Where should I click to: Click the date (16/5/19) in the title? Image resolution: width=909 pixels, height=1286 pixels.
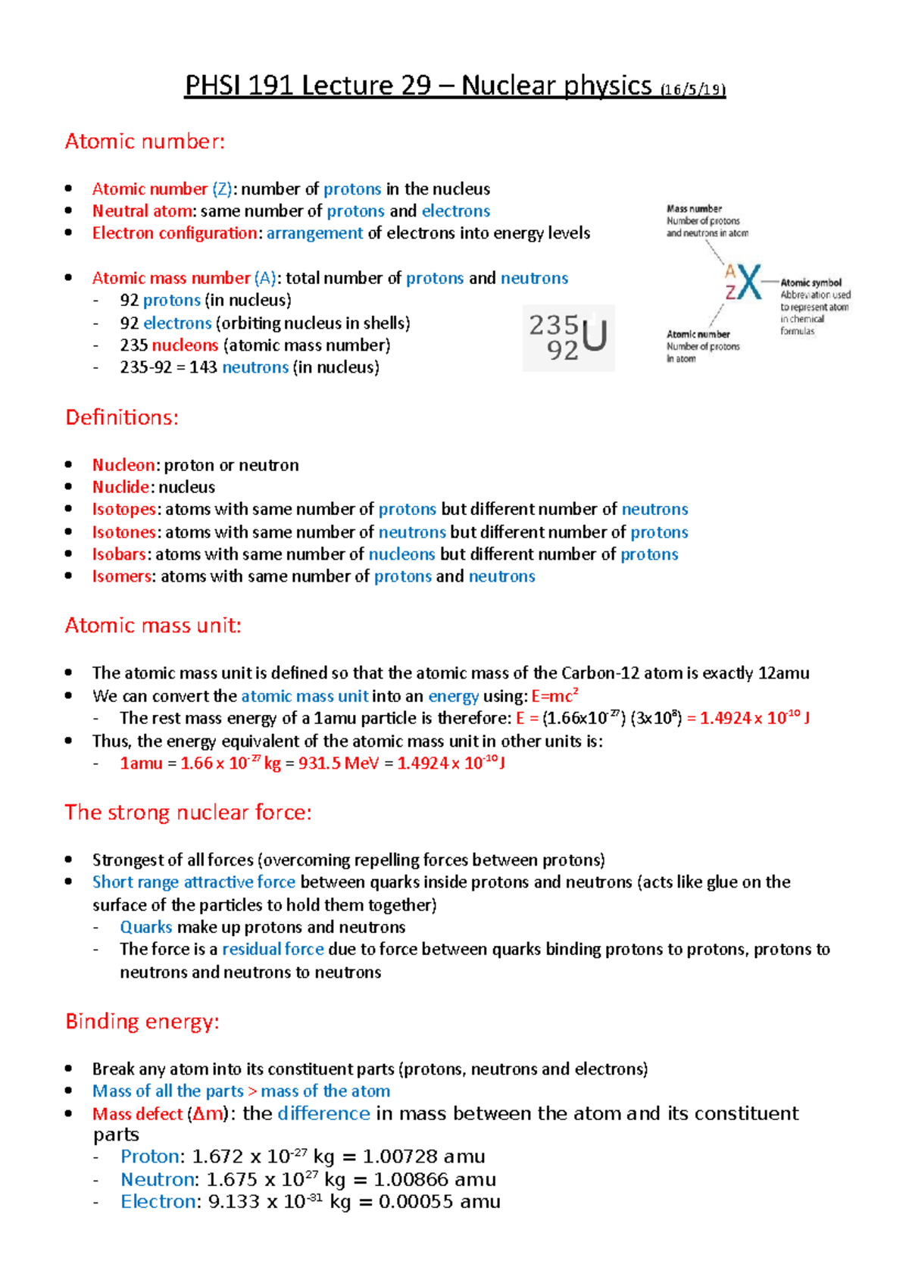click(x=692, y=89)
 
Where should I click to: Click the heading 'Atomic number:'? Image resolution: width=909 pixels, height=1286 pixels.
click(x=145, y=142)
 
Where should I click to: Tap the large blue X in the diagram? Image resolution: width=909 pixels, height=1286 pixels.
click(x=749, y=282)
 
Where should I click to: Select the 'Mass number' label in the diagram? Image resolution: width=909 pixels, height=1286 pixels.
click(x=694, y=208)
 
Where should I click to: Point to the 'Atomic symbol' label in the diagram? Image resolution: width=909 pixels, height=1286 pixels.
click(x=811, y=282)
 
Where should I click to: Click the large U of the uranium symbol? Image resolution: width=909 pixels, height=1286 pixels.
click(x=595, y=336)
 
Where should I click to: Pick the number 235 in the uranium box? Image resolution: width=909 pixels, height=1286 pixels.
click(x=553, y=325)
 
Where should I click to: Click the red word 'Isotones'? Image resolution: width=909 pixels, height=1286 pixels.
click(x=124, y=532)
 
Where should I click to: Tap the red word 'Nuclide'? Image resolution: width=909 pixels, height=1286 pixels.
click(x=121, y=487)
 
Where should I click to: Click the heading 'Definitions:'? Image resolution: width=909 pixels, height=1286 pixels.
click(x=122, y=417)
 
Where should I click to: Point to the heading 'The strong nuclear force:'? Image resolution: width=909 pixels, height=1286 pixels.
click(x=188, y=813)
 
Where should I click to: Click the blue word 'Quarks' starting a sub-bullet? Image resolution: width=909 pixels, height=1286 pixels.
click(x=146, y=927)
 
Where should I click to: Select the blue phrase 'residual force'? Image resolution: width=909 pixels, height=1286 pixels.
click(x=273, y=950)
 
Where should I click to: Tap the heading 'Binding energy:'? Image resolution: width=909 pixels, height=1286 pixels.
click(x=142, y=1022)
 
